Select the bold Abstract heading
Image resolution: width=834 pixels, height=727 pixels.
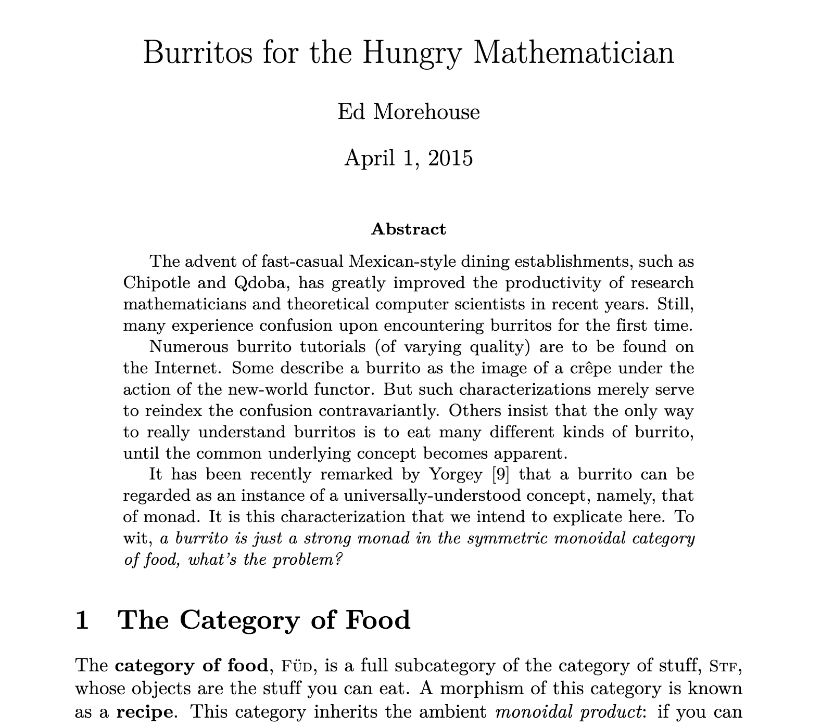point(408,229)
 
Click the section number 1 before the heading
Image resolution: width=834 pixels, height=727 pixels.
point(82,620)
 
